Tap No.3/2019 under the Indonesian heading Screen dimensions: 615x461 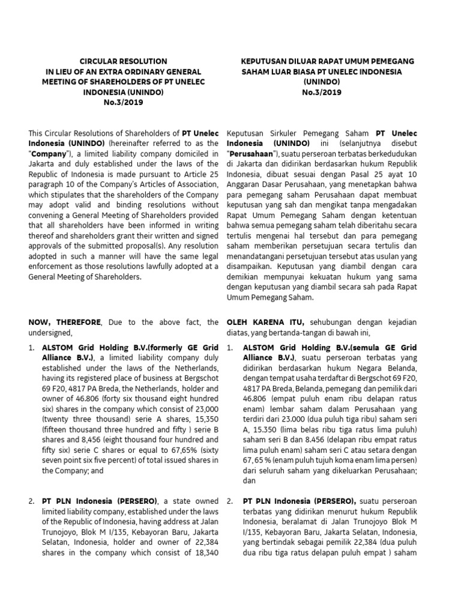[x=327, y=92]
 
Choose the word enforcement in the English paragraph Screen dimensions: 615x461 [x=51, y=257]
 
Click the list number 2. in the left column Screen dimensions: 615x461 [x=32, y=501]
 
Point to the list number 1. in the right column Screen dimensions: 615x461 [x=231, y=348]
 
